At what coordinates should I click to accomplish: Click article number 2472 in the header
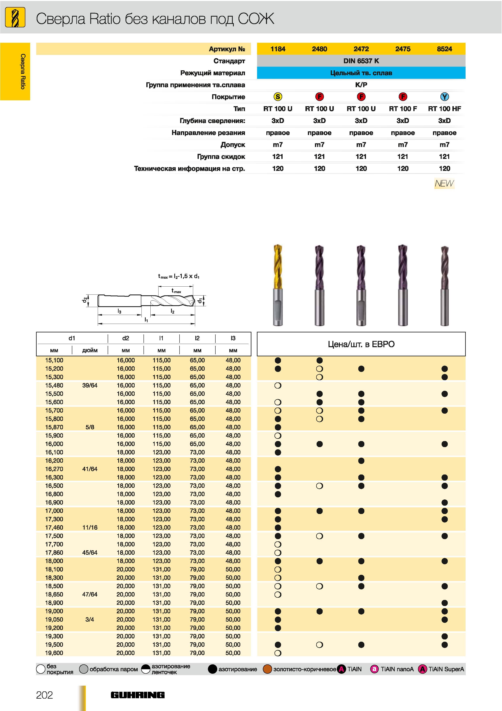click(x=361, y=49)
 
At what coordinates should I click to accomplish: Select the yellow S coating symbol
click(x=278, y=97)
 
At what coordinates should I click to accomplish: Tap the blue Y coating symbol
click(x=445, y=97)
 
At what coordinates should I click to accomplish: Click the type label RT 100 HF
click(x=445, y=109)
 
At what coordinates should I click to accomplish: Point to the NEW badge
click(x=445, y=183)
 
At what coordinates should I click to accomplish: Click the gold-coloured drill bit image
click(x=278, y=285)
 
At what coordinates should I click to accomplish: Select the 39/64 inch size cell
click(x=90, y=385)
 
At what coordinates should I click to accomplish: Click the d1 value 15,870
click(x=54, y=427)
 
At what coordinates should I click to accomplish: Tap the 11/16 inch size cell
click(x=90, y=527)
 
